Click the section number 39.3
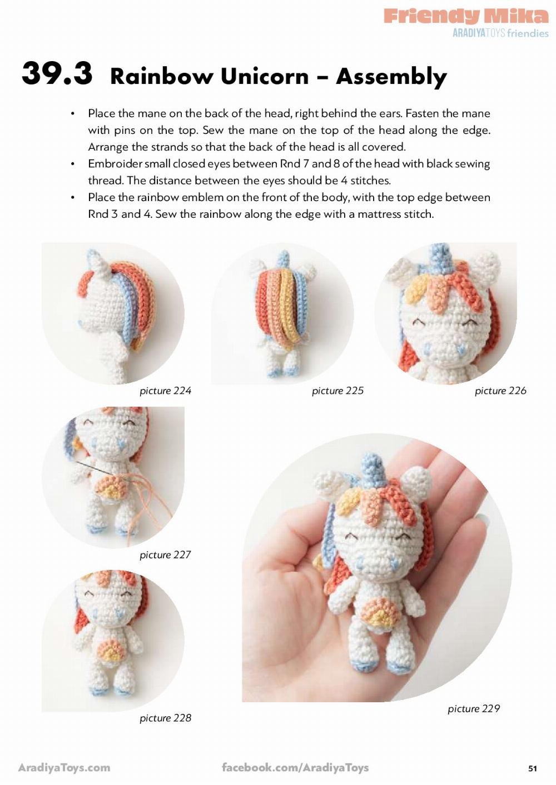pyautogui.click(x=57, y=73)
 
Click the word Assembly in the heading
pyautogui.click(x=391, y=77)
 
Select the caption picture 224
pyautogui.click(x=165, y=391)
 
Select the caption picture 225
pyautogui.click(x=337, y=391)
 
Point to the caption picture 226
pyautogui.click(x=500, y=391)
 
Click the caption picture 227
pyautogui.click(x=165, y=554)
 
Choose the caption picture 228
pyautogui.click(x=165, y=718)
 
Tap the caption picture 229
pyautogui.click(x=474, y=708)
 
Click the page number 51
pyautogui.click(x=533, y=768)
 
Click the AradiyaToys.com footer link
pyautogui.click(x=64, y=768)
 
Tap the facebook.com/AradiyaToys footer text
pyautogui.click(x=295, y=768)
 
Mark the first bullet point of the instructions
pyautogui.click(x=73, y=114)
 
